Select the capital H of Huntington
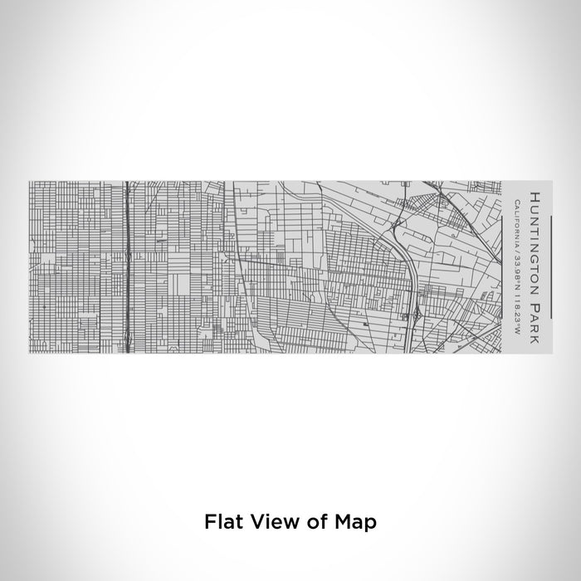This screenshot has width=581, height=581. (534, 196)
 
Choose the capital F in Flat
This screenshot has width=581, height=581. (207, 522)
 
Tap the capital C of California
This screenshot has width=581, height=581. (516, 202)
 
